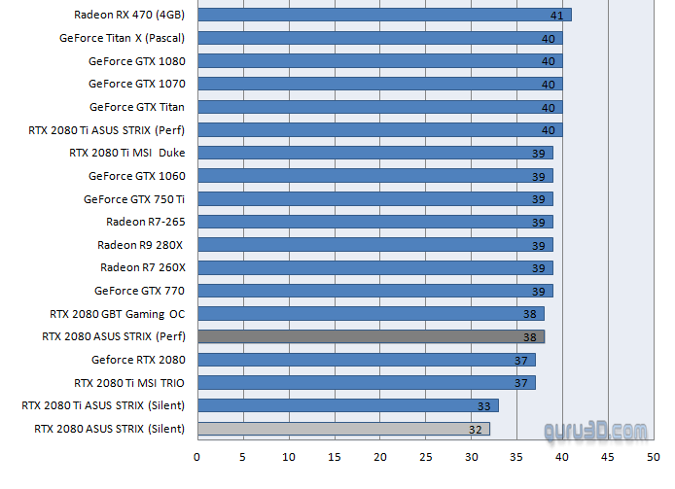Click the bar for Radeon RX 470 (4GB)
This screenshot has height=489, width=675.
click(x=384, y=15)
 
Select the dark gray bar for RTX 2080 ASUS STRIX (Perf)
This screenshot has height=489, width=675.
click(x=371, y=336)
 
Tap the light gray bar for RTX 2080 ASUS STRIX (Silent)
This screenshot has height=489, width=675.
click(x=343, y=428)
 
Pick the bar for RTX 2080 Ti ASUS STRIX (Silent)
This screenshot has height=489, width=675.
click(x=347, y=405)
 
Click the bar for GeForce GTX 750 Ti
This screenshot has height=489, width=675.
click(x=374, y=198)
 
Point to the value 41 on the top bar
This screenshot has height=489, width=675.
click(x=556, y=16)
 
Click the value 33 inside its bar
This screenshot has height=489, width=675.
click(x=483, y=405)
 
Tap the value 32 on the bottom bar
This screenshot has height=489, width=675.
click(x=475, y=429)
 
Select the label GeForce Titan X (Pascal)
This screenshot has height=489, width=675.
click(x=122, y=38)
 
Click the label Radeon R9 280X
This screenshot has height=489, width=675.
click(x=141, y=244)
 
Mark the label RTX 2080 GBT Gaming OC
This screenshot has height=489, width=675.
click(x=117, y=314)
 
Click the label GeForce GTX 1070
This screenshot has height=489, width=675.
click(x=136, y=84)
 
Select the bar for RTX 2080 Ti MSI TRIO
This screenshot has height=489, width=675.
click(x=366, y=382)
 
